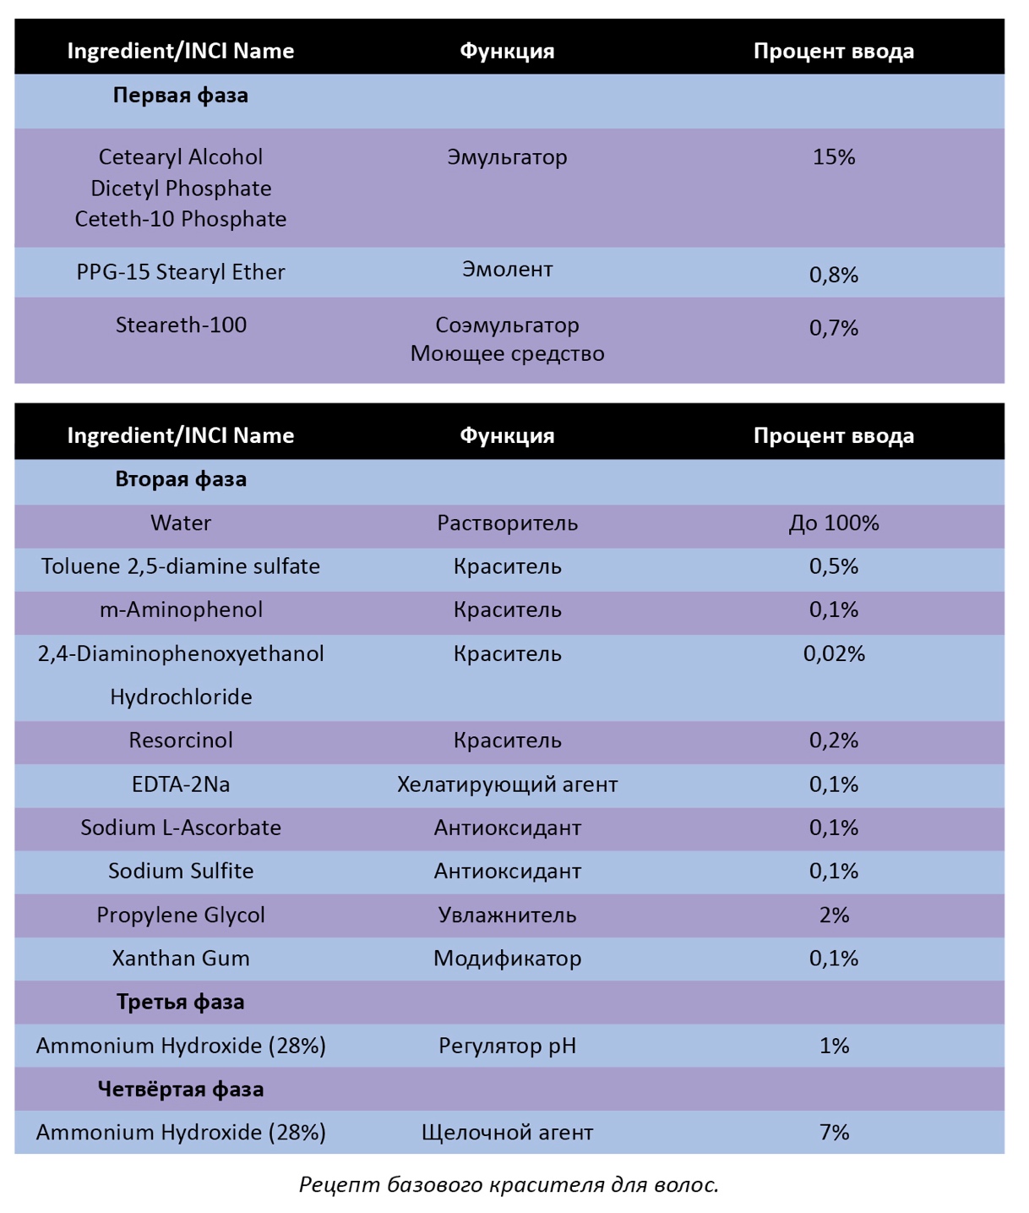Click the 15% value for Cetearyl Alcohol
pos(834,157)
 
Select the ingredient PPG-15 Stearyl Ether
pos(181,272)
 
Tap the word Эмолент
pos(508,270)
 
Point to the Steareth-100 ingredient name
pos(181,325)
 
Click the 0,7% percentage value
pos(834,328)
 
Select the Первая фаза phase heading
pos(181,96)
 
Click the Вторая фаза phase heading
pos(181,479)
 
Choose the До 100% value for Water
pos(834,523)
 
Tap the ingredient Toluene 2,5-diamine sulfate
pos(181,566)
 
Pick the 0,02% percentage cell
pos(834,653)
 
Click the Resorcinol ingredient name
pos(181,740)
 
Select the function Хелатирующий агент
pos(508,784)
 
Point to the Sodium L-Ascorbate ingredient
pos(181,828)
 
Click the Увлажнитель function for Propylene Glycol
pos(508,915)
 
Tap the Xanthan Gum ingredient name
pos(181,959)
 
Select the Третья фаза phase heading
pos(181,1002)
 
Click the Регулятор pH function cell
pos(508,1046)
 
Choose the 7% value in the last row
pos(834,1133)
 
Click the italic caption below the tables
pos(509,1184)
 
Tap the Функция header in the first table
pos(508,52)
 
